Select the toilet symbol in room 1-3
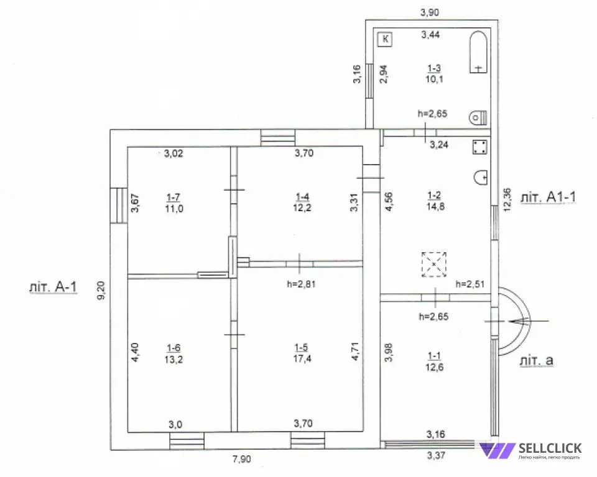coord(477,116)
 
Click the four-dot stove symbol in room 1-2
coord(479,147)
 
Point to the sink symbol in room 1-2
coord(480,178)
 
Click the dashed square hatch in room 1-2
coord(434,264)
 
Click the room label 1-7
coord(174,197)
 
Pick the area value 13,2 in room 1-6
coord(174,358)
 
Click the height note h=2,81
coord(302,285)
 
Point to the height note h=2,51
coord(470,284)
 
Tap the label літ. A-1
coord(53,288)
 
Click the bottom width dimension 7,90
coord(243,460)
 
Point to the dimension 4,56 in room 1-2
coord(389,204)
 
